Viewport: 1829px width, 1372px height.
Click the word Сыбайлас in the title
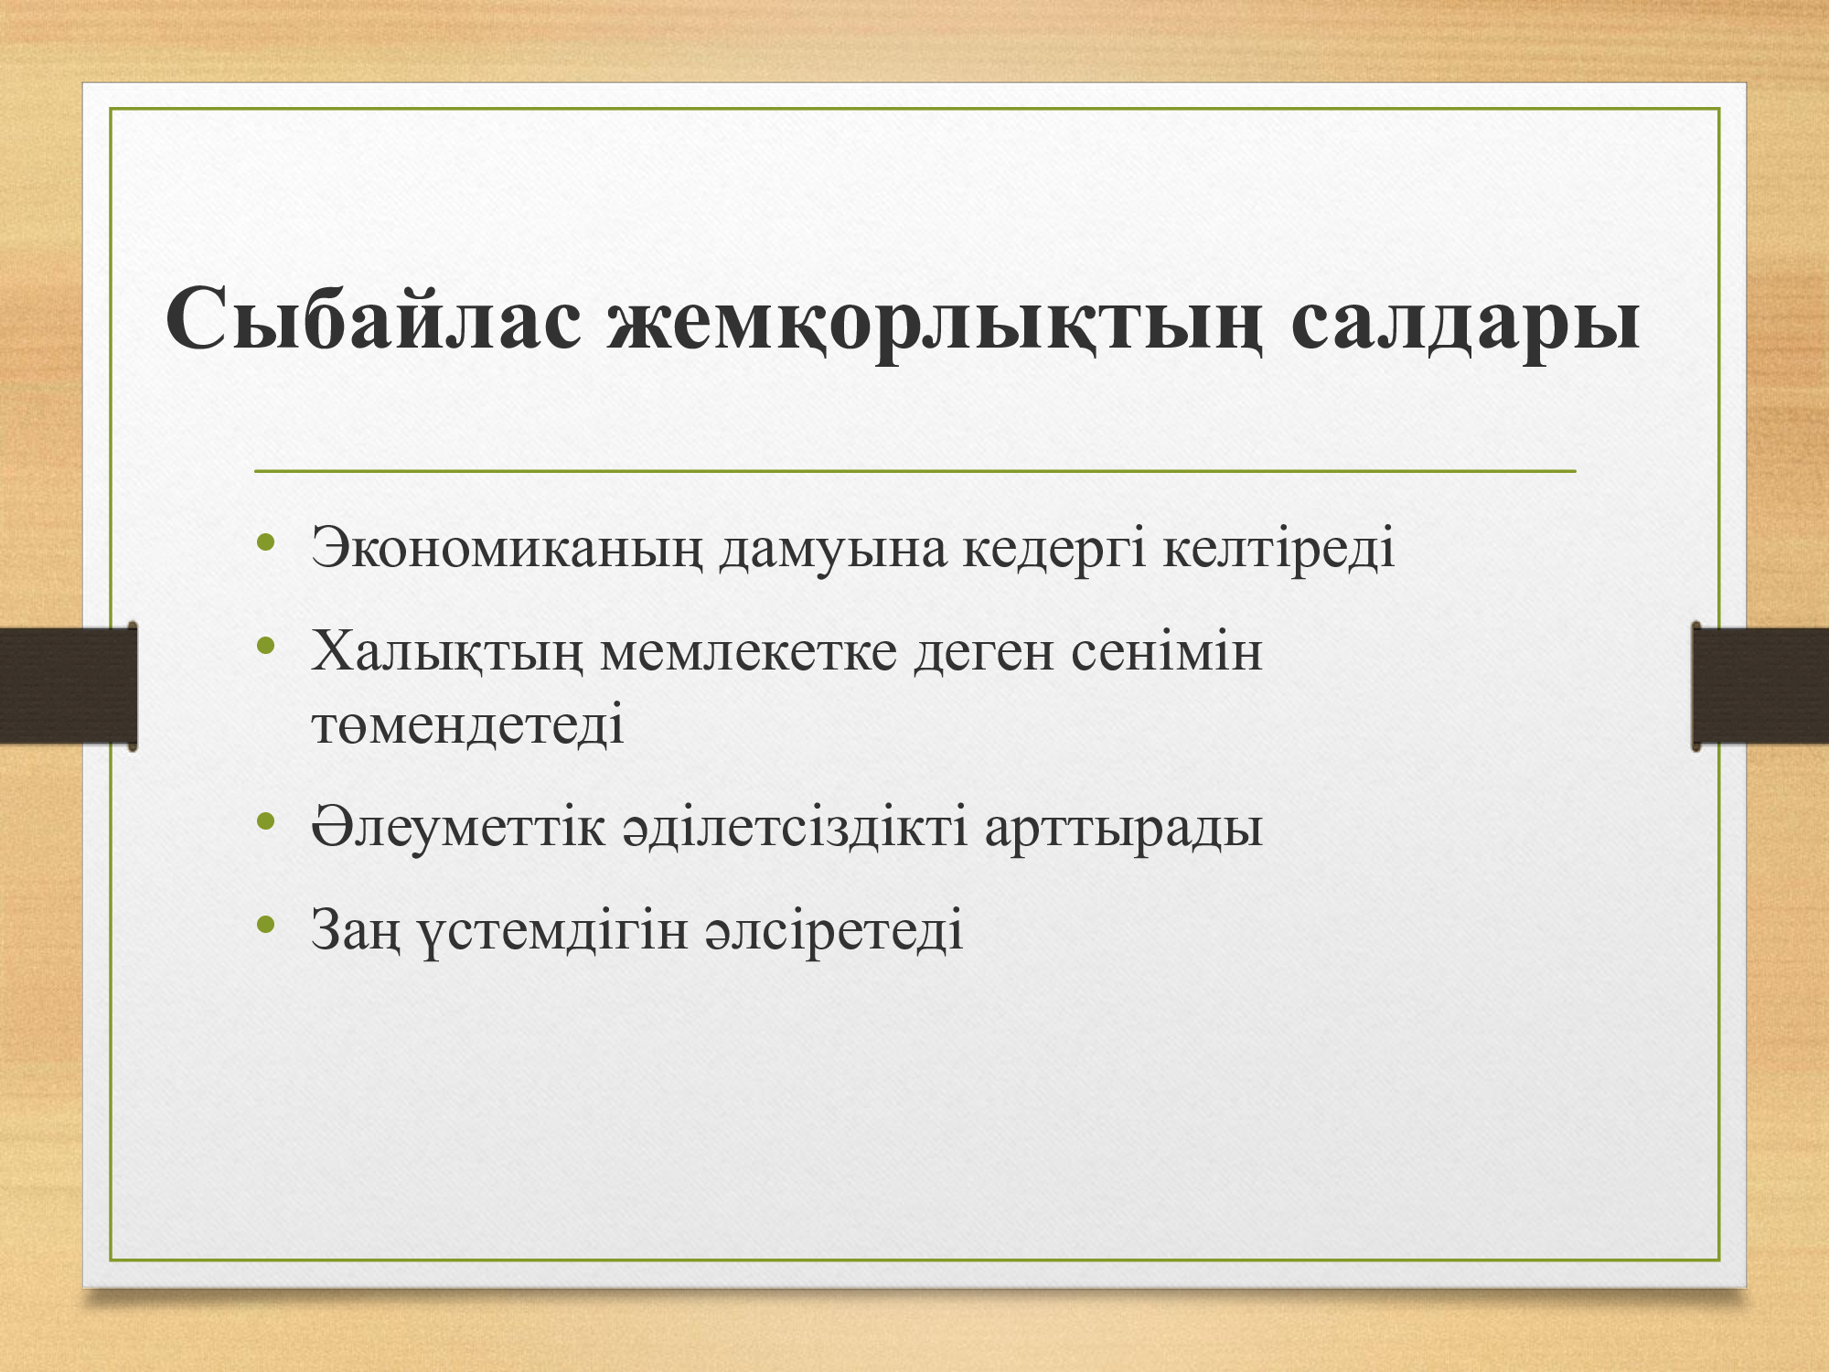point(374,319)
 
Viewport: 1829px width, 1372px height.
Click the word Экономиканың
point(507,550)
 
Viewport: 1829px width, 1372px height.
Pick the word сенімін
point(1167,653)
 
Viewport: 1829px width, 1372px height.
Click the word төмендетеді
point(467,724)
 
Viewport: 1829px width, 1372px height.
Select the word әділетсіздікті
point(795,827)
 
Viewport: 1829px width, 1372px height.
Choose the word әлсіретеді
point(834,930)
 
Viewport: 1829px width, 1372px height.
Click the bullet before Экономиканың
point(266,543)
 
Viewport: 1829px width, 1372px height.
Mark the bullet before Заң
point(266,924)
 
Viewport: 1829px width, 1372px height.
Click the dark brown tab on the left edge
point(69,686)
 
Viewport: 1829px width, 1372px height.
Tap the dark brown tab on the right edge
point(1760,686)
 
